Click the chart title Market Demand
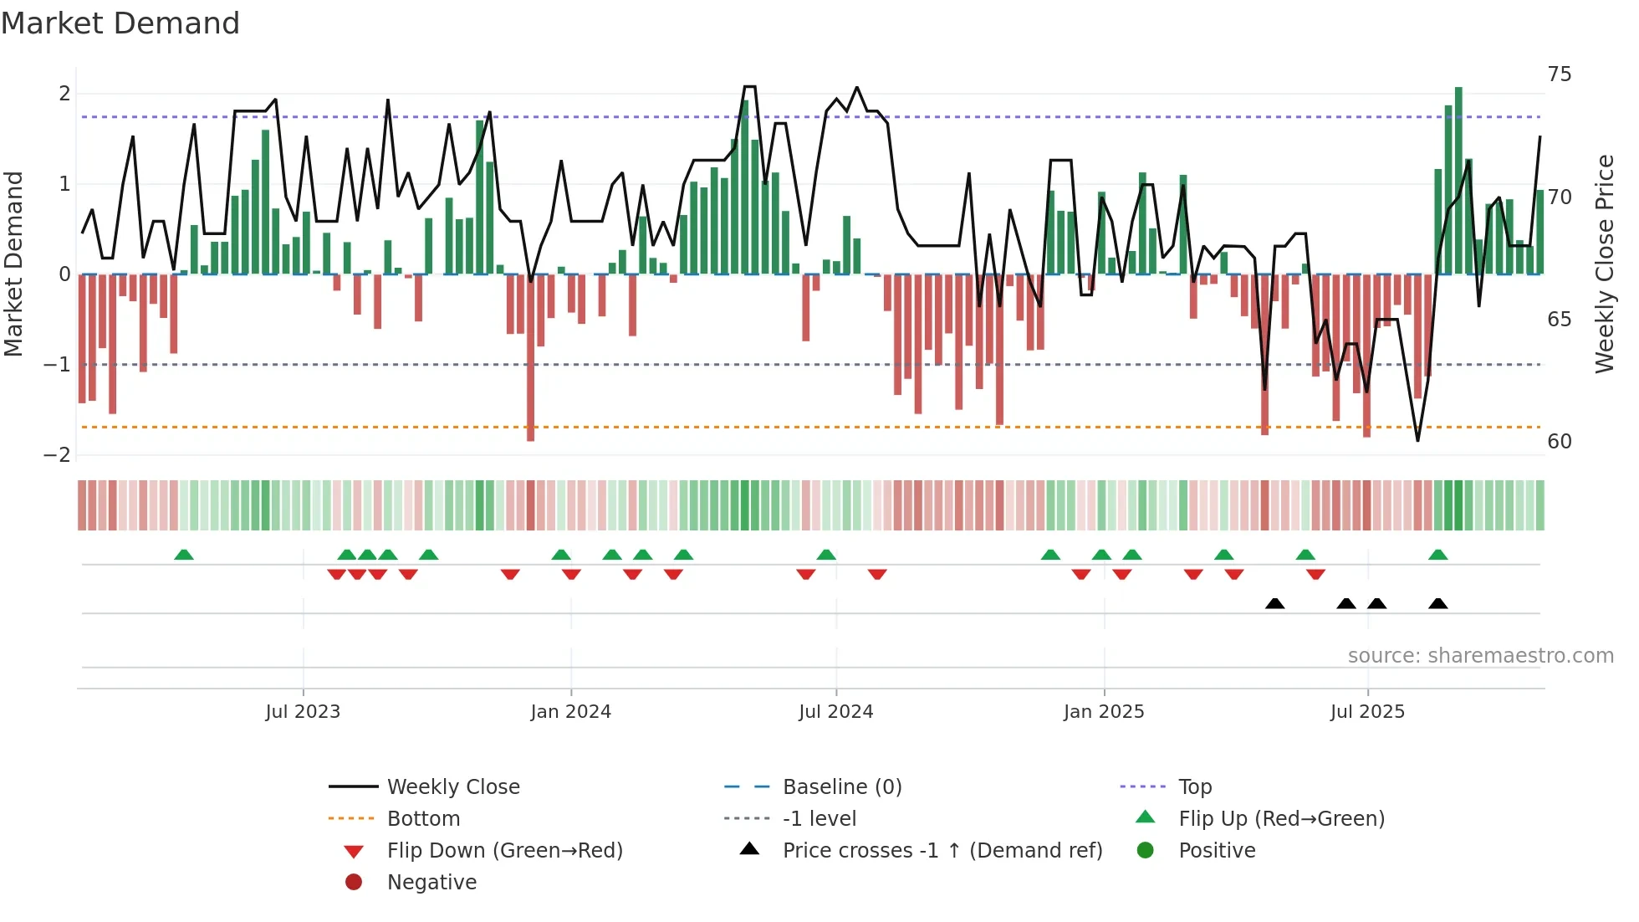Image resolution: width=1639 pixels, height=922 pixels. (x=120, y=23)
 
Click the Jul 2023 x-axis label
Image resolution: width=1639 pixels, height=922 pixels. (x=303, y=712)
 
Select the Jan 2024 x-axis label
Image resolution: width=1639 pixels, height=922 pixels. (x=570, y=712)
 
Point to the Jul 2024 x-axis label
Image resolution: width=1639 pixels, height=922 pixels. (x=835, y=712)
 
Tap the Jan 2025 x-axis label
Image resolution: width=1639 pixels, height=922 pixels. (x=1103, y=712)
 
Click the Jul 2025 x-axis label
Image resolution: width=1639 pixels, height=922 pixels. (x=1367, y=712)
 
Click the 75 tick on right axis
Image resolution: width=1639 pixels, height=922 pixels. (x=1559, y=74)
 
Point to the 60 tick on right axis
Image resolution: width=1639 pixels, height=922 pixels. (x=1559, y=442)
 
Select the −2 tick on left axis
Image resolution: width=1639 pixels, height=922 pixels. (x=57, y=455)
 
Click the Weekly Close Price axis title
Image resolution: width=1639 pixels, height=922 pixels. (x=1604, y=264)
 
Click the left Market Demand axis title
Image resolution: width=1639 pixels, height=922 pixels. (x=13, y=264)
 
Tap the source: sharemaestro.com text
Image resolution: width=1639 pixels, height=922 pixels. (x=1480, y=656)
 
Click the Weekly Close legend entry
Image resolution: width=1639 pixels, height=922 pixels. (x=452, y=787)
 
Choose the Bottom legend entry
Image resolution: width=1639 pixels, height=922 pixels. (x=423, y=819)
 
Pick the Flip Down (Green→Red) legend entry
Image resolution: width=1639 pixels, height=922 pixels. (x=504, y=851)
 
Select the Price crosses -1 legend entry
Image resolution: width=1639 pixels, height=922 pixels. (x=942, y=851)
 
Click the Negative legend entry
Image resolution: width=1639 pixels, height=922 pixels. (x=431, y=883)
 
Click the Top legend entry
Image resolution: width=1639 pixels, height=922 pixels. (x=1194, y=787)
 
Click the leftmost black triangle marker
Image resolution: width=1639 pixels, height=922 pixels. (x=1274, y=604)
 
